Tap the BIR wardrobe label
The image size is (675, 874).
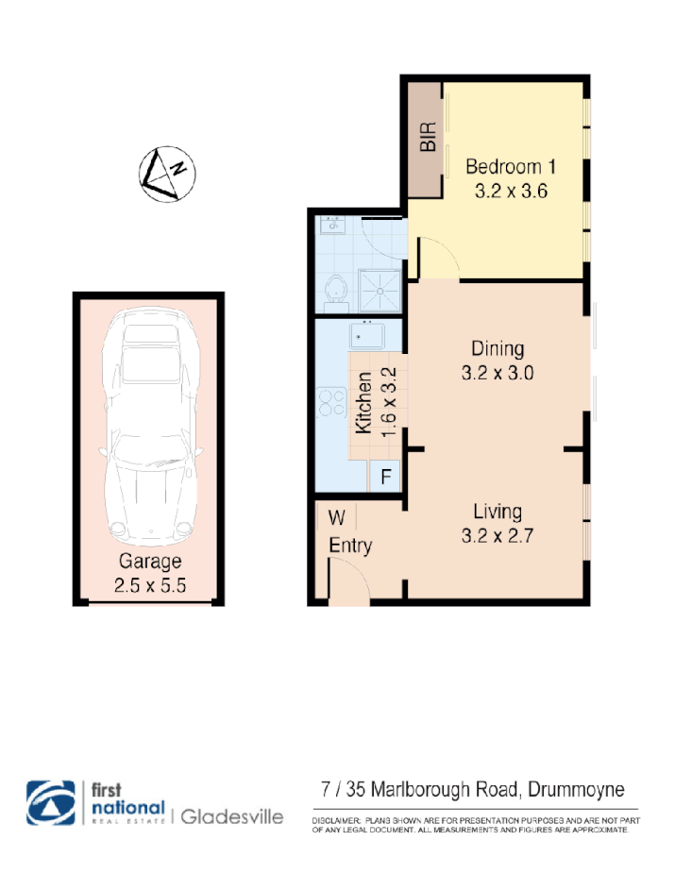429,138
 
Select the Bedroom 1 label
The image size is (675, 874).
511,167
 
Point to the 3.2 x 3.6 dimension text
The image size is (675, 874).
511,190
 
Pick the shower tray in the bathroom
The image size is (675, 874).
379,288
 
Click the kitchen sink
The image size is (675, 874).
364,335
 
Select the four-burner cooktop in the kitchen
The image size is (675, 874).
333,404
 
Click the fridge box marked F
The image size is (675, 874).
385,477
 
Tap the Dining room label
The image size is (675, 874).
498,349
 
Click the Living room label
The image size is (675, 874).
498,513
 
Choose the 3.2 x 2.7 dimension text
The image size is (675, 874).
498,537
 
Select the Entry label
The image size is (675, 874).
350,546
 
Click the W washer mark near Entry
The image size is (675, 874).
336,517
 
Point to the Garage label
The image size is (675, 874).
149,562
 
